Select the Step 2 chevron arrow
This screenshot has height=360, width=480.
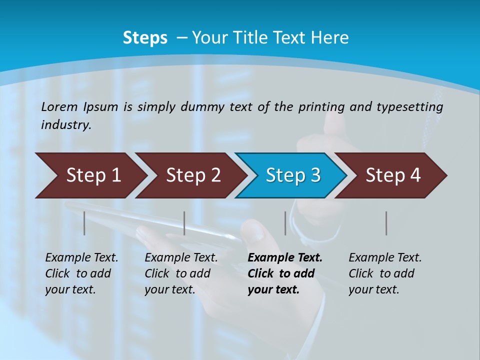point(192,175)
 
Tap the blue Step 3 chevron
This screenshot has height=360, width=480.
point(292,175)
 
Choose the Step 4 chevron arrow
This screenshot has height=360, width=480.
point(392,175)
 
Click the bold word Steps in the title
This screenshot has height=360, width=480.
point(145,38)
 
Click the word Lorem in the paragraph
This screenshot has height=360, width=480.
point(59,106)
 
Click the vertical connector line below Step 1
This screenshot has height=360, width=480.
point(84,223)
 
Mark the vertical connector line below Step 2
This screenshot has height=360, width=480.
point(184,223)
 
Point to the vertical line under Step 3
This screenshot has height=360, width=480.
point(285,223)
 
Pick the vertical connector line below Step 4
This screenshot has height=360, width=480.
point(386,223)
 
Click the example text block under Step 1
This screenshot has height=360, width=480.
point(81,273)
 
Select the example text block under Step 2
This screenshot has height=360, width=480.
point(181,273)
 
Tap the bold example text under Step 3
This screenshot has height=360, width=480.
point(284,273)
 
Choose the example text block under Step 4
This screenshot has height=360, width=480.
point(384,273)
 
